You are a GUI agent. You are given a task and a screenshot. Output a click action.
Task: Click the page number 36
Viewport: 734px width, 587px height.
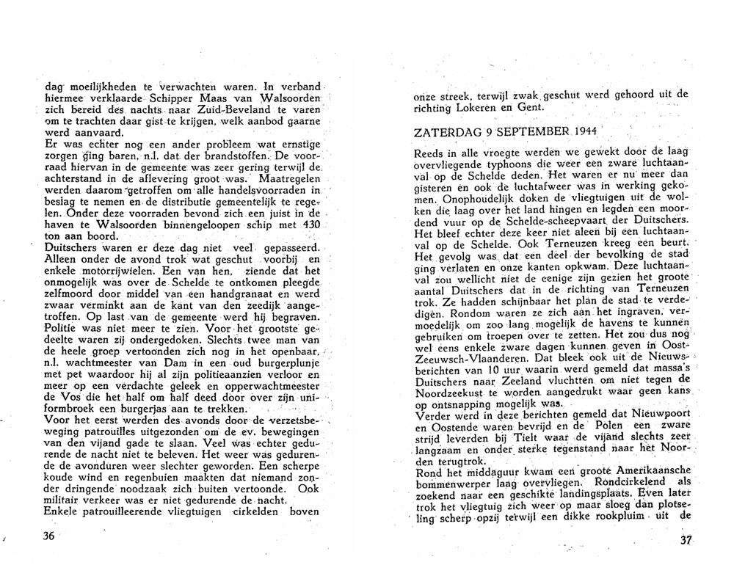pos(49,536)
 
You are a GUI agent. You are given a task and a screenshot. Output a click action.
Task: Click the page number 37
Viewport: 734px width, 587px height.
pos(687,540)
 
